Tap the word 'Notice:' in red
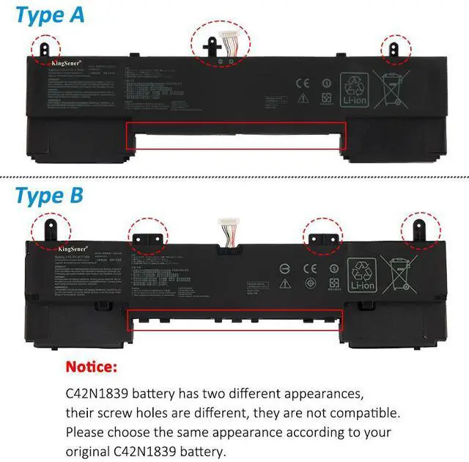tap(91, 367)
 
